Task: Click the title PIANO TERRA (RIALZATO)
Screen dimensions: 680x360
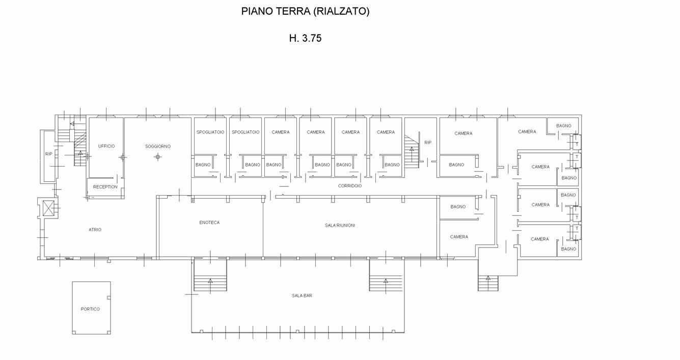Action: (x=305, y=11)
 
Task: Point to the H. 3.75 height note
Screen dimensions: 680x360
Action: (x=305, y=38)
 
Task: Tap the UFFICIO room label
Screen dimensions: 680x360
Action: (x=106, y=146)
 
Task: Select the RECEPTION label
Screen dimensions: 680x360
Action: (x=105, y=187)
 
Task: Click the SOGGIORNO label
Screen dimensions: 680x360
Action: (x=157, y=146)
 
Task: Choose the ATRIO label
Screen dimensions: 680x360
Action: (x=95, y=230)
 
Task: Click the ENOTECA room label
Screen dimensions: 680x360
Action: (x=209, y=223)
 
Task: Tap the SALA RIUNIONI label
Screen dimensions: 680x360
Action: (x=340, y=225)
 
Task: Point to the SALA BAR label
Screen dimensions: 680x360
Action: (x=302, y=295)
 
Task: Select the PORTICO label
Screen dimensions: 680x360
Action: (x=90, y=309)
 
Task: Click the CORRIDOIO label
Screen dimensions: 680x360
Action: (x=350, y=186)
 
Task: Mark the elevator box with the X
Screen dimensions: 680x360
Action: (x=48, y=208)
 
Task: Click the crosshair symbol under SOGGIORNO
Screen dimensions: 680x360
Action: (x=157, y=157)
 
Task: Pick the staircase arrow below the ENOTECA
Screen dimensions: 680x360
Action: (x=210, y=285)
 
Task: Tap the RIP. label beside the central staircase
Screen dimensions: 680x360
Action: (x=428, y=143)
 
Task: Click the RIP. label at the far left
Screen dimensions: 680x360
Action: (x=49, y=154)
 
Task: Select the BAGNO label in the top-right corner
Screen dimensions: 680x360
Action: (x=563, y=126)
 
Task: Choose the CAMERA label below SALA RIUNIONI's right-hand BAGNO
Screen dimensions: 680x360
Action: (x=459, y=237)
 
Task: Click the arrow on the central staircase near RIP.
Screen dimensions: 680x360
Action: (x=412, y=154)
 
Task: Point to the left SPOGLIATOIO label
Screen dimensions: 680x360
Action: (x=210, y=132)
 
